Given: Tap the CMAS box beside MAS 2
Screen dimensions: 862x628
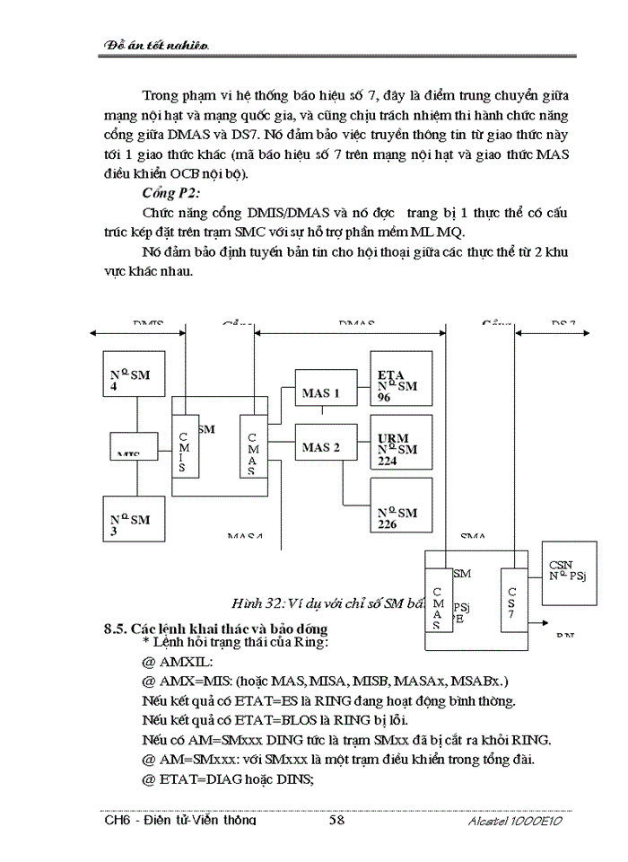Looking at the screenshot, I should (x=252, y=446).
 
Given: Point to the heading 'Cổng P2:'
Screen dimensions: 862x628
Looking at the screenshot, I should (x=171, y=194).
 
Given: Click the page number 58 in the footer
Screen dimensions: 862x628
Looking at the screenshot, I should (x=337, y=820).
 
